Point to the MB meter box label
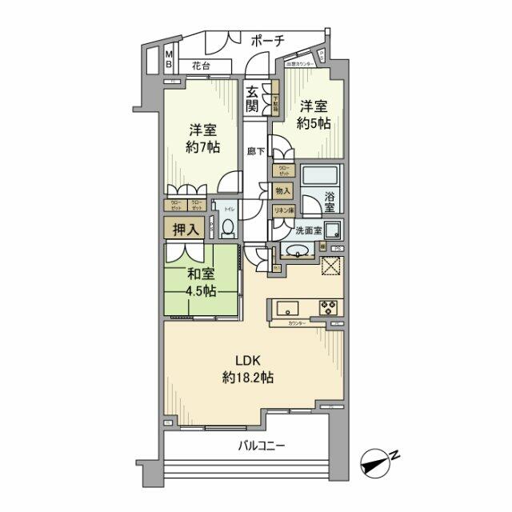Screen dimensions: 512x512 point(169,60)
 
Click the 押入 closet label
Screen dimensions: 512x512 point(183,229)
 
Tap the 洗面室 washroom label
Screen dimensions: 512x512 point(308,230)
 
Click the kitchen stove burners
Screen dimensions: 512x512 point(328,307)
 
